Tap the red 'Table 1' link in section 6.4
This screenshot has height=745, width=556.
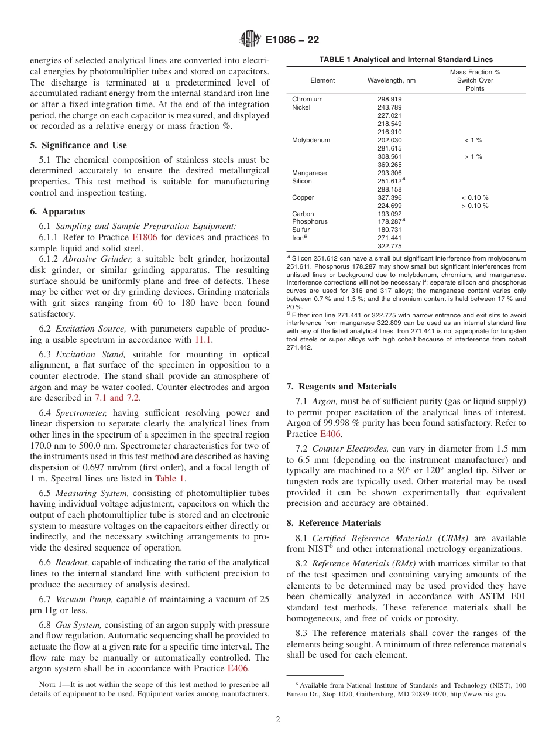tap(170, 478)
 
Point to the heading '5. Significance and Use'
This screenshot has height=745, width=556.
tap(78, 145)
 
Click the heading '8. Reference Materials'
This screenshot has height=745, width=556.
tap(334, 523)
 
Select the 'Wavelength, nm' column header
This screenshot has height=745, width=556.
tap(391, 80)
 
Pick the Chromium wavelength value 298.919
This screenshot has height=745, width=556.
tap(390, 100)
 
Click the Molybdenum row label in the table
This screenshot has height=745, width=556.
tap(311, 141)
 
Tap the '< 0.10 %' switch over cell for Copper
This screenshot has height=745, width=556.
tap(474, 198)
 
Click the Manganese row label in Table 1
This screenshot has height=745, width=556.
tap(310, 173)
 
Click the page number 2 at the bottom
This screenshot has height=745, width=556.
tap(278, 720)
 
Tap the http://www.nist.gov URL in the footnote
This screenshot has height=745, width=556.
tap(475, 695)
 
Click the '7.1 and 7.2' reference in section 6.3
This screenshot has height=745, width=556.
tap(117, 398)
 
